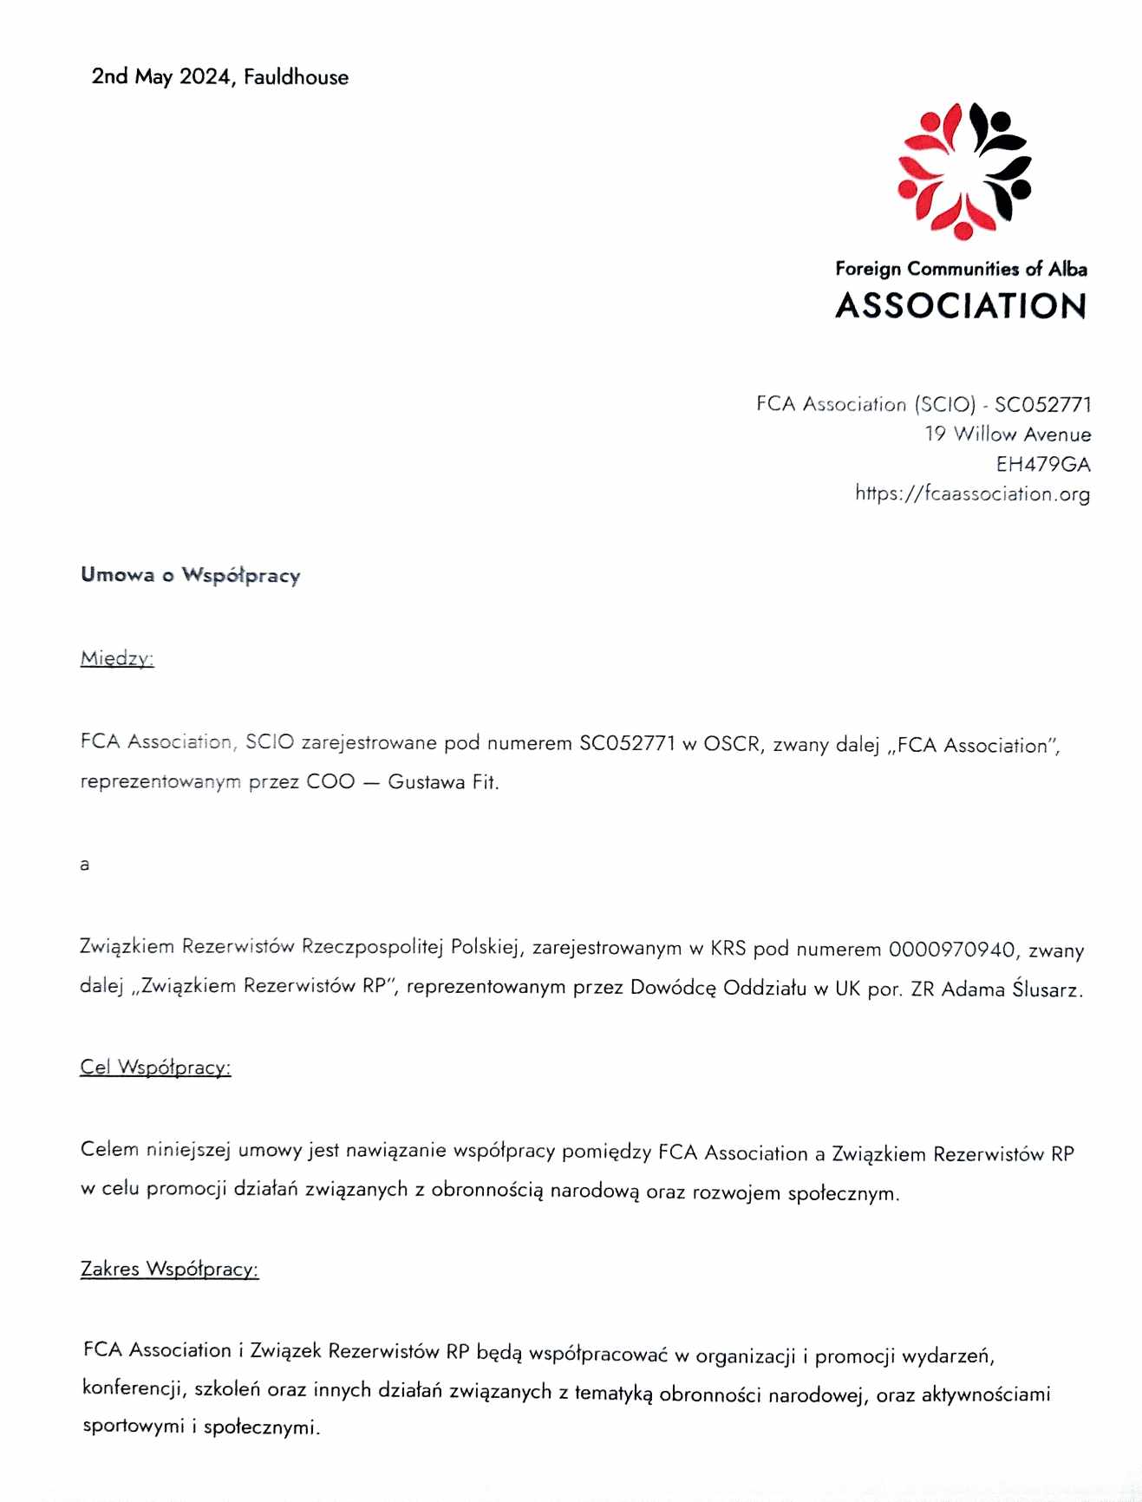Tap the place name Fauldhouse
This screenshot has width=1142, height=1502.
(296, 77)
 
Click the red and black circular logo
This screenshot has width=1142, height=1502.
(964, 170)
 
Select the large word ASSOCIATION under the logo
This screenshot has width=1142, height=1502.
(961, 306)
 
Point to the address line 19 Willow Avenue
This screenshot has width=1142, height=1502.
(1007, 434)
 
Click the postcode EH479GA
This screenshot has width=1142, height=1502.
(1042, 465)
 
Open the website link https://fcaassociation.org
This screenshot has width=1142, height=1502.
(972, 494)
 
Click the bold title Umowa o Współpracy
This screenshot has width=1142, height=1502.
(190, 576)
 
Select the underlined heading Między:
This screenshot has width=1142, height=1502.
(116, 659)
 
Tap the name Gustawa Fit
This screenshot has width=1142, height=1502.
(442, 782)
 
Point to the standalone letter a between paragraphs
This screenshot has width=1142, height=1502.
(84, 865)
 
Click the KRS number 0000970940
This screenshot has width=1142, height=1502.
(951, 950)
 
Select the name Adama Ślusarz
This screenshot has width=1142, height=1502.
(1011, 989)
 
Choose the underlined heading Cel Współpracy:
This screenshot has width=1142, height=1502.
(155, 1068)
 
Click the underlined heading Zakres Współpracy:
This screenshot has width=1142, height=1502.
(169, 1270)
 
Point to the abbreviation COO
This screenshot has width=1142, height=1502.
(330, 782)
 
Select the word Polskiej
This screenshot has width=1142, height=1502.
(486, 947)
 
